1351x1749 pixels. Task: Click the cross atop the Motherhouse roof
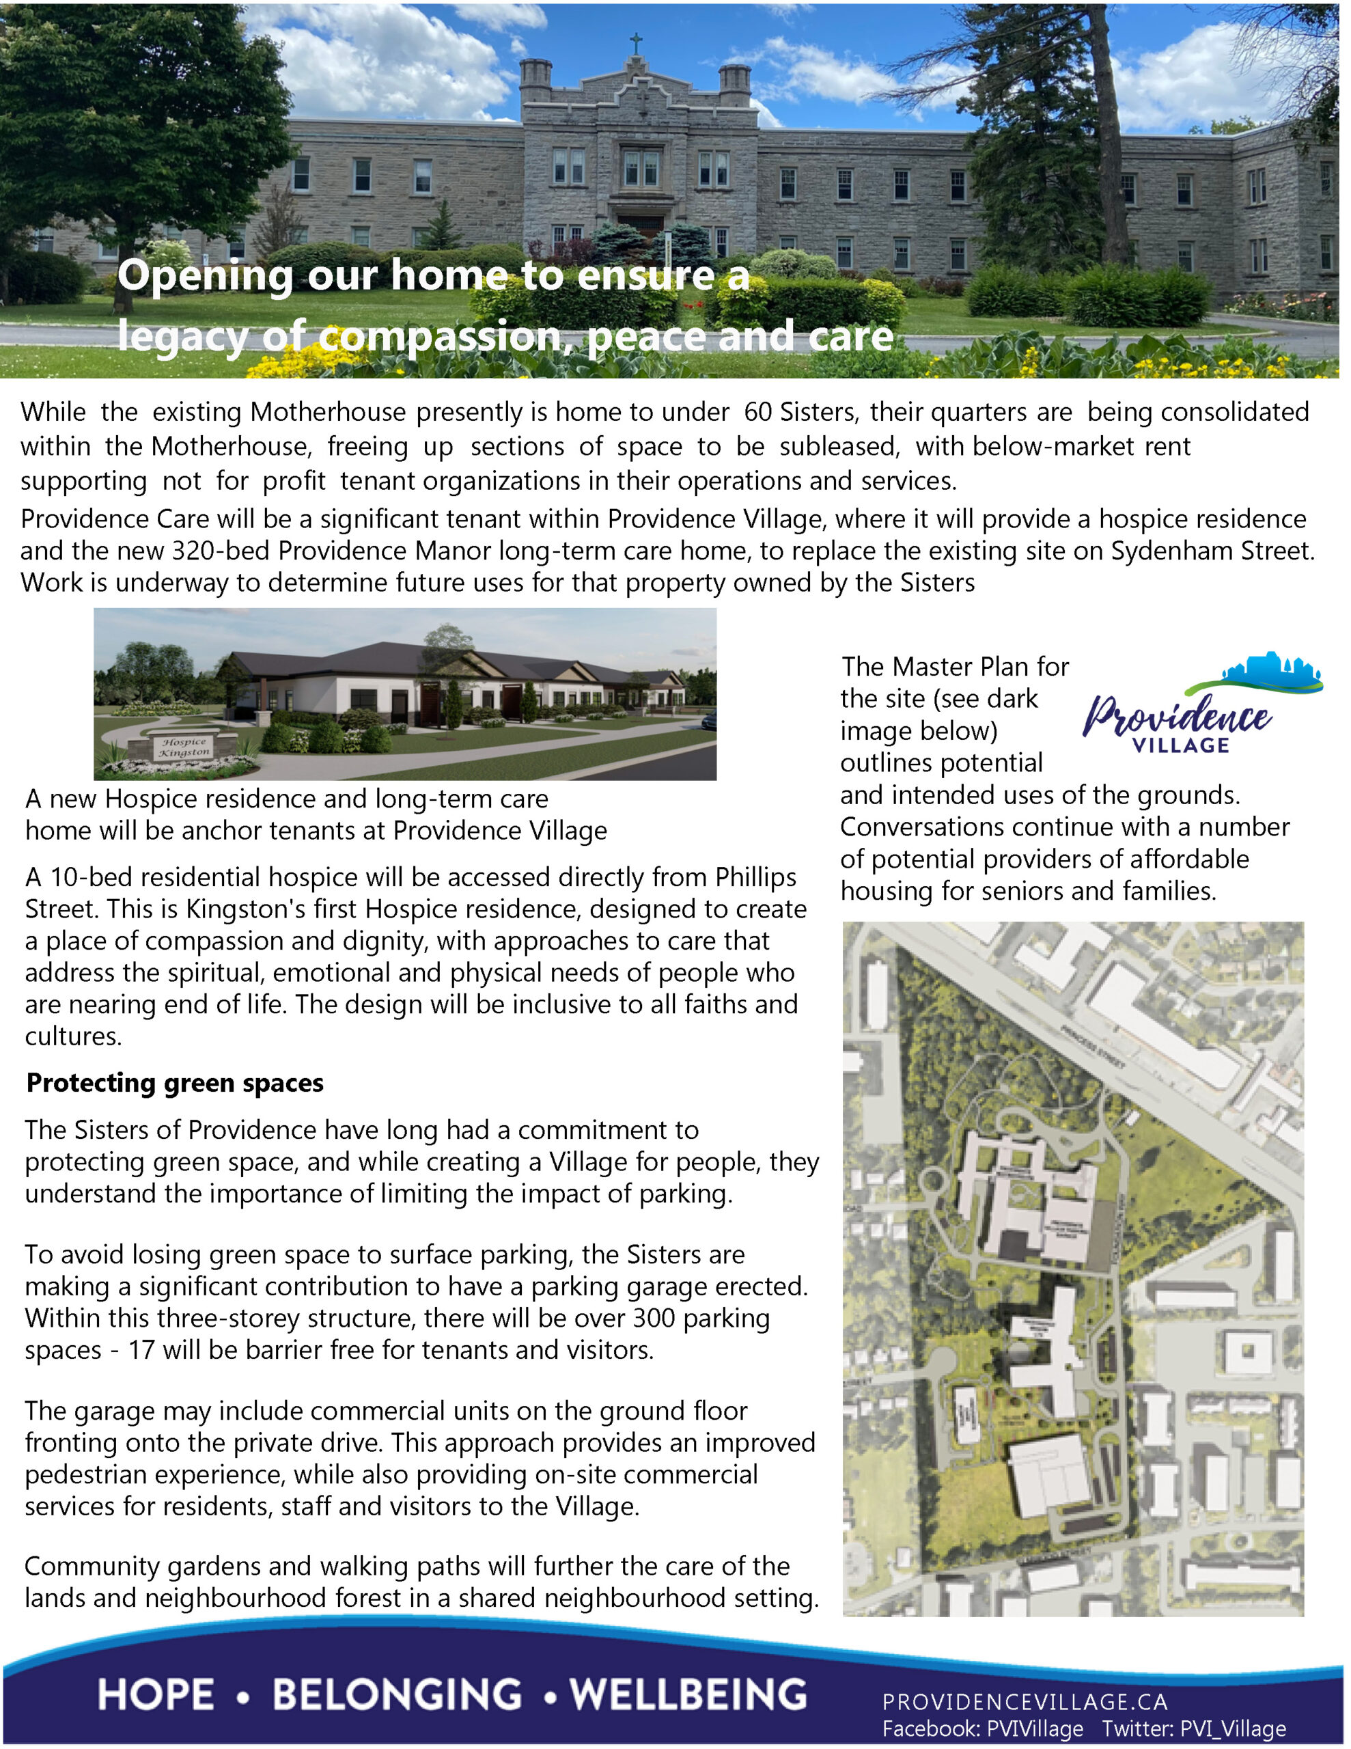(x=636, y=42)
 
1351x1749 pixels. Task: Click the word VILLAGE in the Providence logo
(x=1180, y=745)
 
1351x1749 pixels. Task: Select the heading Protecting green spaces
(x=175, y=1083)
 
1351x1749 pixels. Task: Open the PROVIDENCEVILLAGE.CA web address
(x=1025, y=1701)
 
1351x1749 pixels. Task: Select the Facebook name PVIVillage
(x=1035, y=1729)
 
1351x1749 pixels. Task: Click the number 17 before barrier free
(x=141, y=1350)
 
